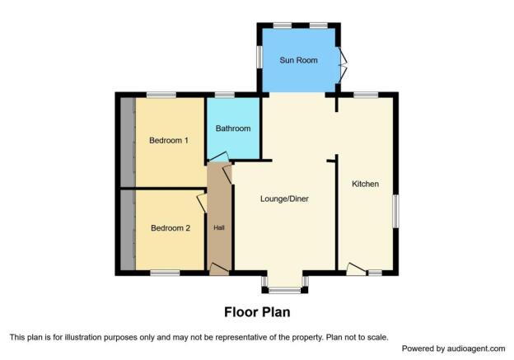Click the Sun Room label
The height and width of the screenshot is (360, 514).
298,60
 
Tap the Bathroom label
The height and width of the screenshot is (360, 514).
233,129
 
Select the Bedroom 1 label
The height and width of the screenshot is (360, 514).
169,141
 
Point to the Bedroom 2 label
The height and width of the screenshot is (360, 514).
171,228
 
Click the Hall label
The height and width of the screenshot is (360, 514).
219,227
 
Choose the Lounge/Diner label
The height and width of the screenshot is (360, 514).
284,199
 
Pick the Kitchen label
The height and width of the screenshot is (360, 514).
365,184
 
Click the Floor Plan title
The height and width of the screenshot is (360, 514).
257,312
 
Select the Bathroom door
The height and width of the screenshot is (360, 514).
218,157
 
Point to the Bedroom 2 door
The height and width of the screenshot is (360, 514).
202,203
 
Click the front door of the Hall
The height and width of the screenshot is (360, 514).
219,269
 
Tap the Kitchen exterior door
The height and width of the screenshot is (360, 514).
357,269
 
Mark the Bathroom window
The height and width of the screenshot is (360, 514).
225,95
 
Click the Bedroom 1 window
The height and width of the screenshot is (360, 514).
161,95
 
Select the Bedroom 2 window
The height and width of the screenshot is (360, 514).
165,273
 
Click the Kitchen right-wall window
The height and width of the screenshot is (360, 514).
396,212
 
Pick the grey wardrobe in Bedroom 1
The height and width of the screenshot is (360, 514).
128,142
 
